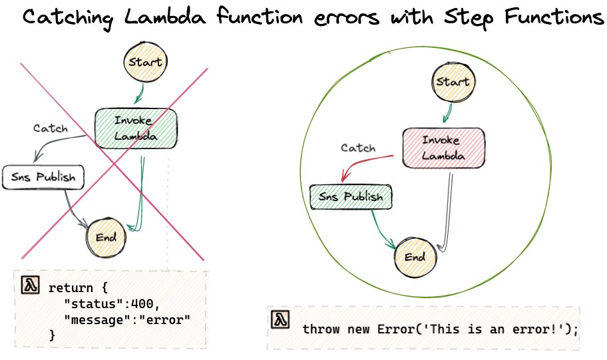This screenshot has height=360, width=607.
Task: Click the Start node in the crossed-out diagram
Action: pos(144,63)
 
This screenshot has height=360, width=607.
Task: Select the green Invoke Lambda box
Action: pos(136,128)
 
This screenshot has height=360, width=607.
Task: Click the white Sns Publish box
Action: pos(44,177)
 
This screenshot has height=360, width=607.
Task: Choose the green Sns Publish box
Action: pos(351,197)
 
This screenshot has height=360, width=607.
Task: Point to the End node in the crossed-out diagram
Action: pos(106,237)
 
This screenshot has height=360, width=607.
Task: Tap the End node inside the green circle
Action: pos(414,257)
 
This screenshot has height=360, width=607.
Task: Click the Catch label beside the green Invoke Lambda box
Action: pos(51,128)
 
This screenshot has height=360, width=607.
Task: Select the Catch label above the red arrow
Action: pos(358,148)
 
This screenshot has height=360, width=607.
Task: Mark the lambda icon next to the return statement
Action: pos(29,285)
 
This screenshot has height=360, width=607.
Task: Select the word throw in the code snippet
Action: pos(318,329)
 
